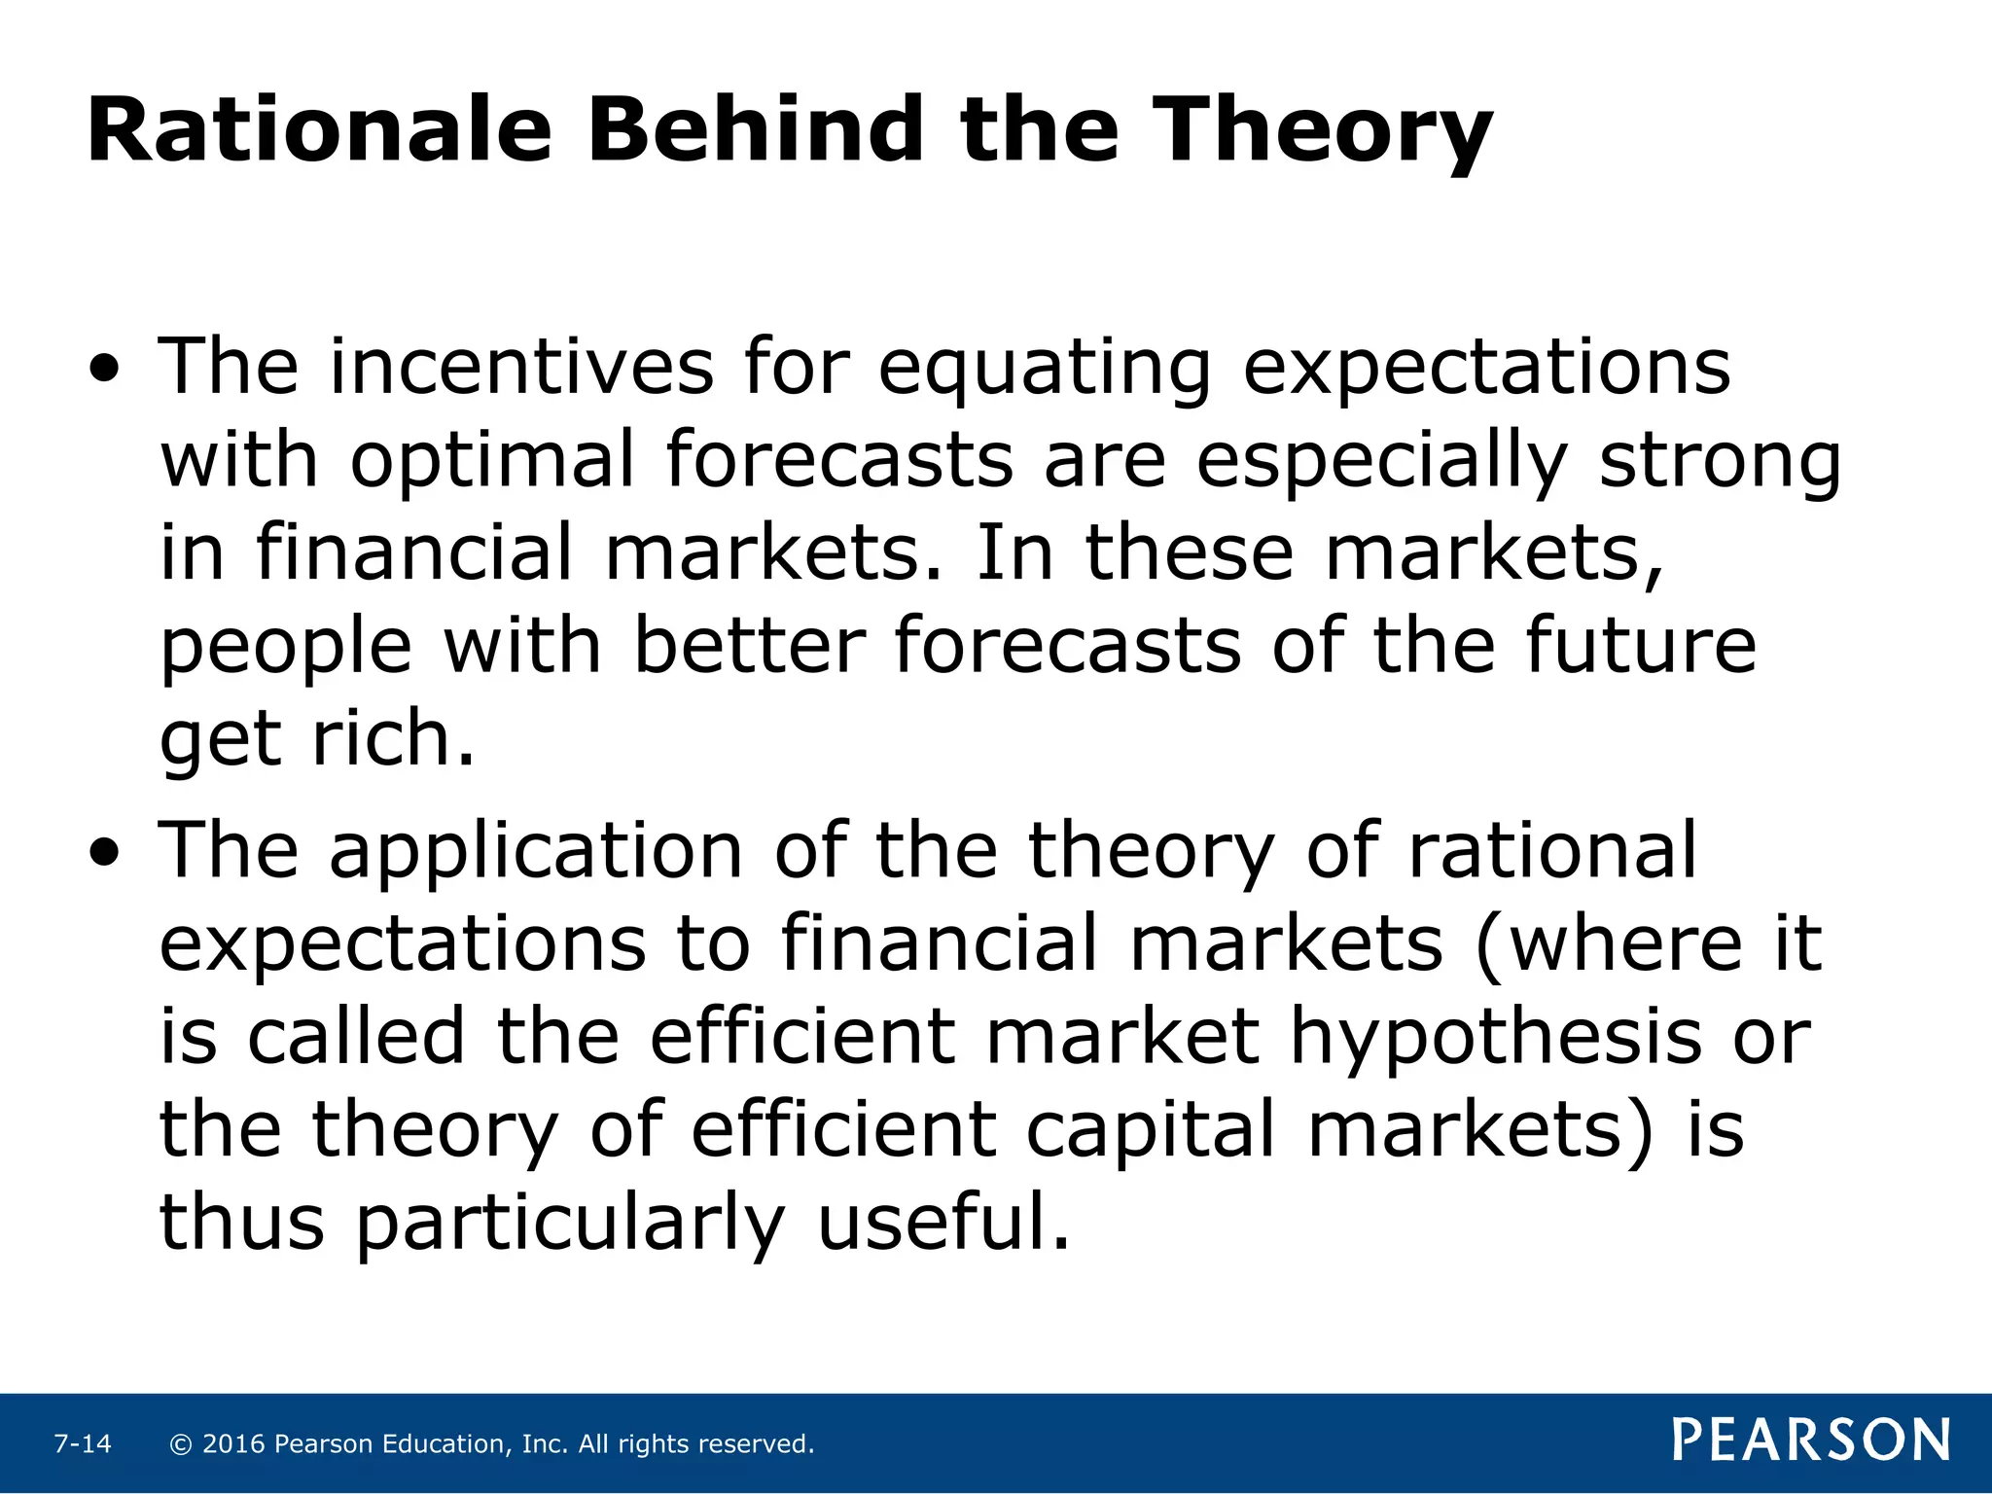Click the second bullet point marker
[105, 853]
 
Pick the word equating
[1046, 370]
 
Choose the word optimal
[492, 461]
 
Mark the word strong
[1720, 461]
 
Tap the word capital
[1151, 1130]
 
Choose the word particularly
[569, 1223]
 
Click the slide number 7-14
[83, 1443]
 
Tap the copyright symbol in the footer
[181, 1443]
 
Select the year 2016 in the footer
[233, 1443]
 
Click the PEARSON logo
[1811, 1441]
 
